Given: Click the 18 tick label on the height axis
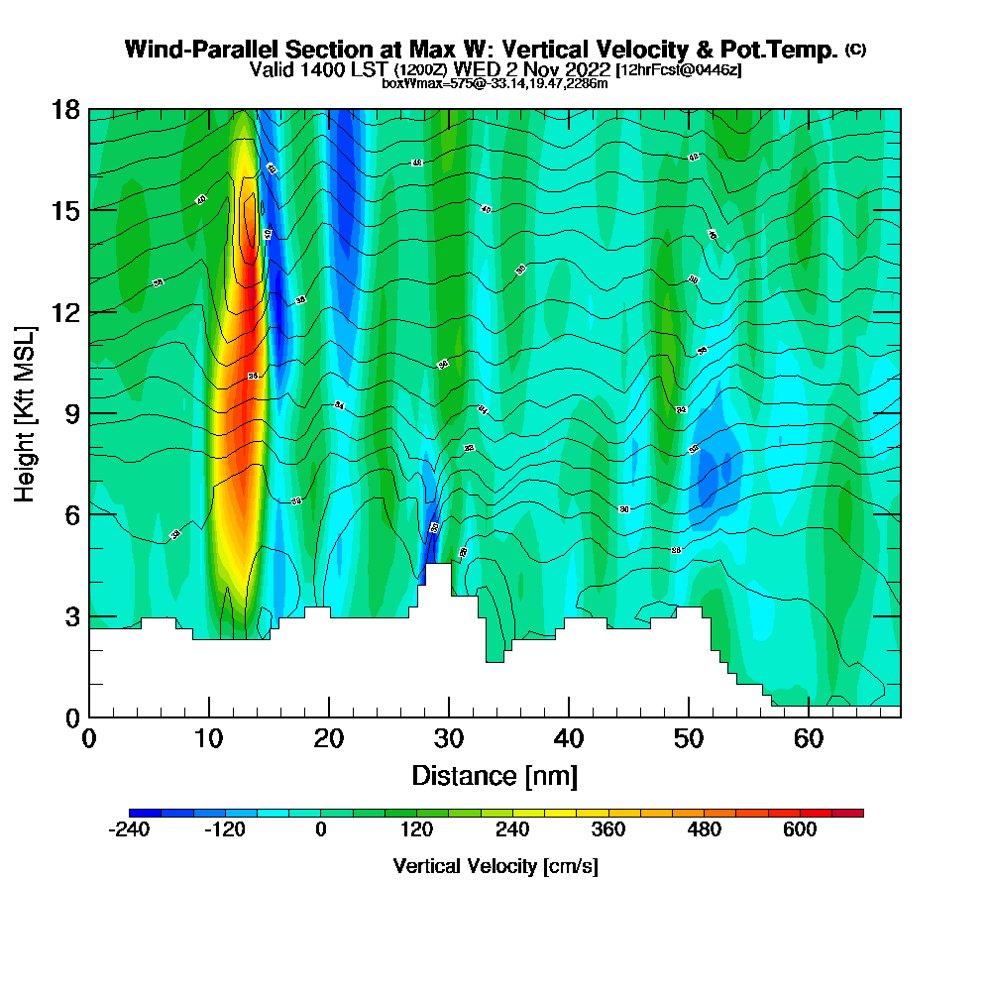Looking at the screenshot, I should tap(66, 109).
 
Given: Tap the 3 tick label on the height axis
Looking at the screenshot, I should tap(72, 616).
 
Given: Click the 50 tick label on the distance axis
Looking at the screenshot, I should tap(689, 738).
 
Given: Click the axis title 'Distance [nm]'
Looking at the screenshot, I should tap(495, 775).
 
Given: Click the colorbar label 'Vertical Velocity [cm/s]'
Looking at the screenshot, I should tap(495, 866).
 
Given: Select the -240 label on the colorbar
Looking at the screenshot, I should tap(128, 829).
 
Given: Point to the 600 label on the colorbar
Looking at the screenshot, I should tap(800, 829).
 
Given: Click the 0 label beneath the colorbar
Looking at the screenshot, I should tap(320, 829).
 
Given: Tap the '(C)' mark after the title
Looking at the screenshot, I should tap(855, 49).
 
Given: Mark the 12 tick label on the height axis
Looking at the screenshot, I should tap(66, 312).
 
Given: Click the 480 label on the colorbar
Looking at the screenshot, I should tap(704, 829).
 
